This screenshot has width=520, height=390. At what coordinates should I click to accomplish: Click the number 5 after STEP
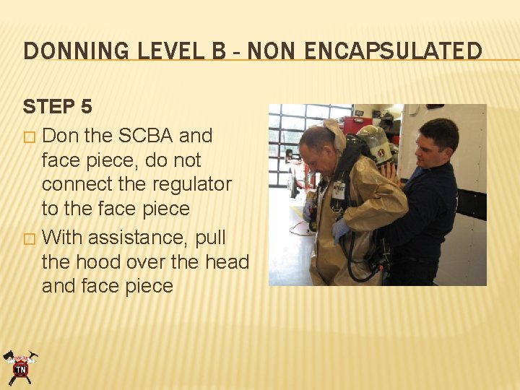pyautogui.click(x=86, y=107)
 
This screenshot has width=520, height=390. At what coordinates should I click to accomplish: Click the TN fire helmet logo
pyautogui.click(x=20, y=368)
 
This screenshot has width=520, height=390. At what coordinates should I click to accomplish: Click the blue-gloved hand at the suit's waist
pyautogui.click(x=339, y=230)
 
